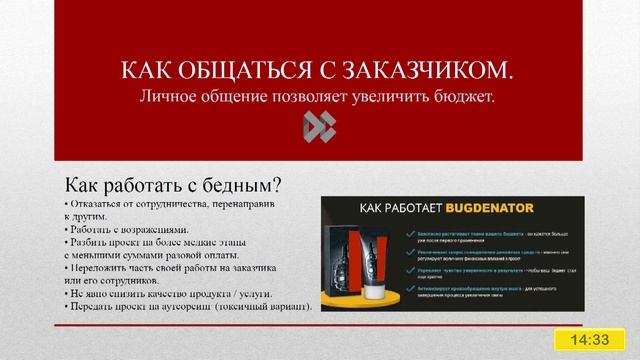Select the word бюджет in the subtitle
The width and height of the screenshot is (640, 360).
[465, 96]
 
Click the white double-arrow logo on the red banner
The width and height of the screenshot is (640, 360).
[319, 126]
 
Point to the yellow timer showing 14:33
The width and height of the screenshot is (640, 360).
[590, 340]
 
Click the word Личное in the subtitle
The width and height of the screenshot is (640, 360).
[169, 96]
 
